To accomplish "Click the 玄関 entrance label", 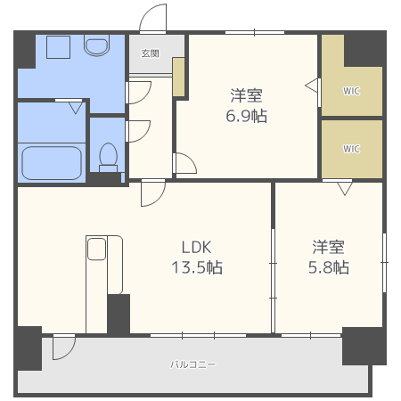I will [150, 53].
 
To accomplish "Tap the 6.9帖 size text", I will [247, 116].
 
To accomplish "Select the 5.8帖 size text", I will [330, 267].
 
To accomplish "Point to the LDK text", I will [197, 247].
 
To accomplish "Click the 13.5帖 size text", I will [197, 267].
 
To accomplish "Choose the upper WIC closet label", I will [351, 90].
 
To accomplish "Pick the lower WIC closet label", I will [351, 148].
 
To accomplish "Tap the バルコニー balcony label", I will [193, 364].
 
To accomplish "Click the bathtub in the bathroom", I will [52, 163].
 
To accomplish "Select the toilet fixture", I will [109, 156].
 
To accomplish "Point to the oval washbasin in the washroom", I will [94, 45].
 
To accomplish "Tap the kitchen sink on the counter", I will [96, 249].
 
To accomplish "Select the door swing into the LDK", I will [152, 193].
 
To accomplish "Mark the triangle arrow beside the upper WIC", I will [312, 86].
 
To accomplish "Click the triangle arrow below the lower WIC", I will [344, 187].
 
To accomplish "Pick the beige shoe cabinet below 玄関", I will [179, 78].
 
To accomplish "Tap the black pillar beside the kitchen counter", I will [118, 314].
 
